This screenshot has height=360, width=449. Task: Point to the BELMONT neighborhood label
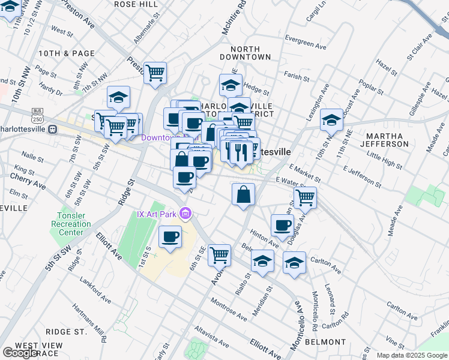coord(325,341)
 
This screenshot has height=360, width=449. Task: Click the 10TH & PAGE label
coord(66,53)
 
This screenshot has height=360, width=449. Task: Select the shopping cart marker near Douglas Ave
coord(306,197)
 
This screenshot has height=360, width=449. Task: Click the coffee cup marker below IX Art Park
coord(170,236)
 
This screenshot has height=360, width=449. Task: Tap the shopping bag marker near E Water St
coord(243,194)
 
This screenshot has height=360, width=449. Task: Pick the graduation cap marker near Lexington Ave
coord(331,120)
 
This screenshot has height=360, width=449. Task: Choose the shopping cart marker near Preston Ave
coord(155,73)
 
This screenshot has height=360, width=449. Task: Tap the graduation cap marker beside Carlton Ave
coord(294,263)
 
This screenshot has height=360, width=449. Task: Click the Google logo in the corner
coord(20,353)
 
